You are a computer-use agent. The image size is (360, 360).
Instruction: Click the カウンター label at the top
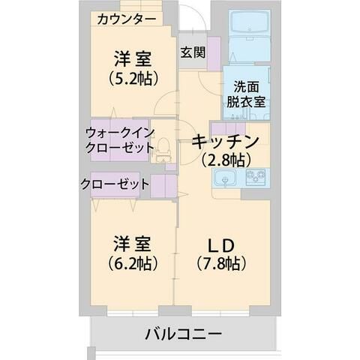(127, 19)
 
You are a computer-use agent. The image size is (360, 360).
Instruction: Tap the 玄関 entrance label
(192, 52)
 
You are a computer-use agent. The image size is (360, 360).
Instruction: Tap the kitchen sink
(224, 178)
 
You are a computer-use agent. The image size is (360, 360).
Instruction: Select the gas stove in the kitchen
(255, 178)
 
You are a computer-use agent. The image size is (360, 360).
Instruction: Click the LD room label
(222, 245)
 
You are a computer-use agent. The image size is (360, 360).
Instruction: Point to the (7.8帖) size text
(222, 263)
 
